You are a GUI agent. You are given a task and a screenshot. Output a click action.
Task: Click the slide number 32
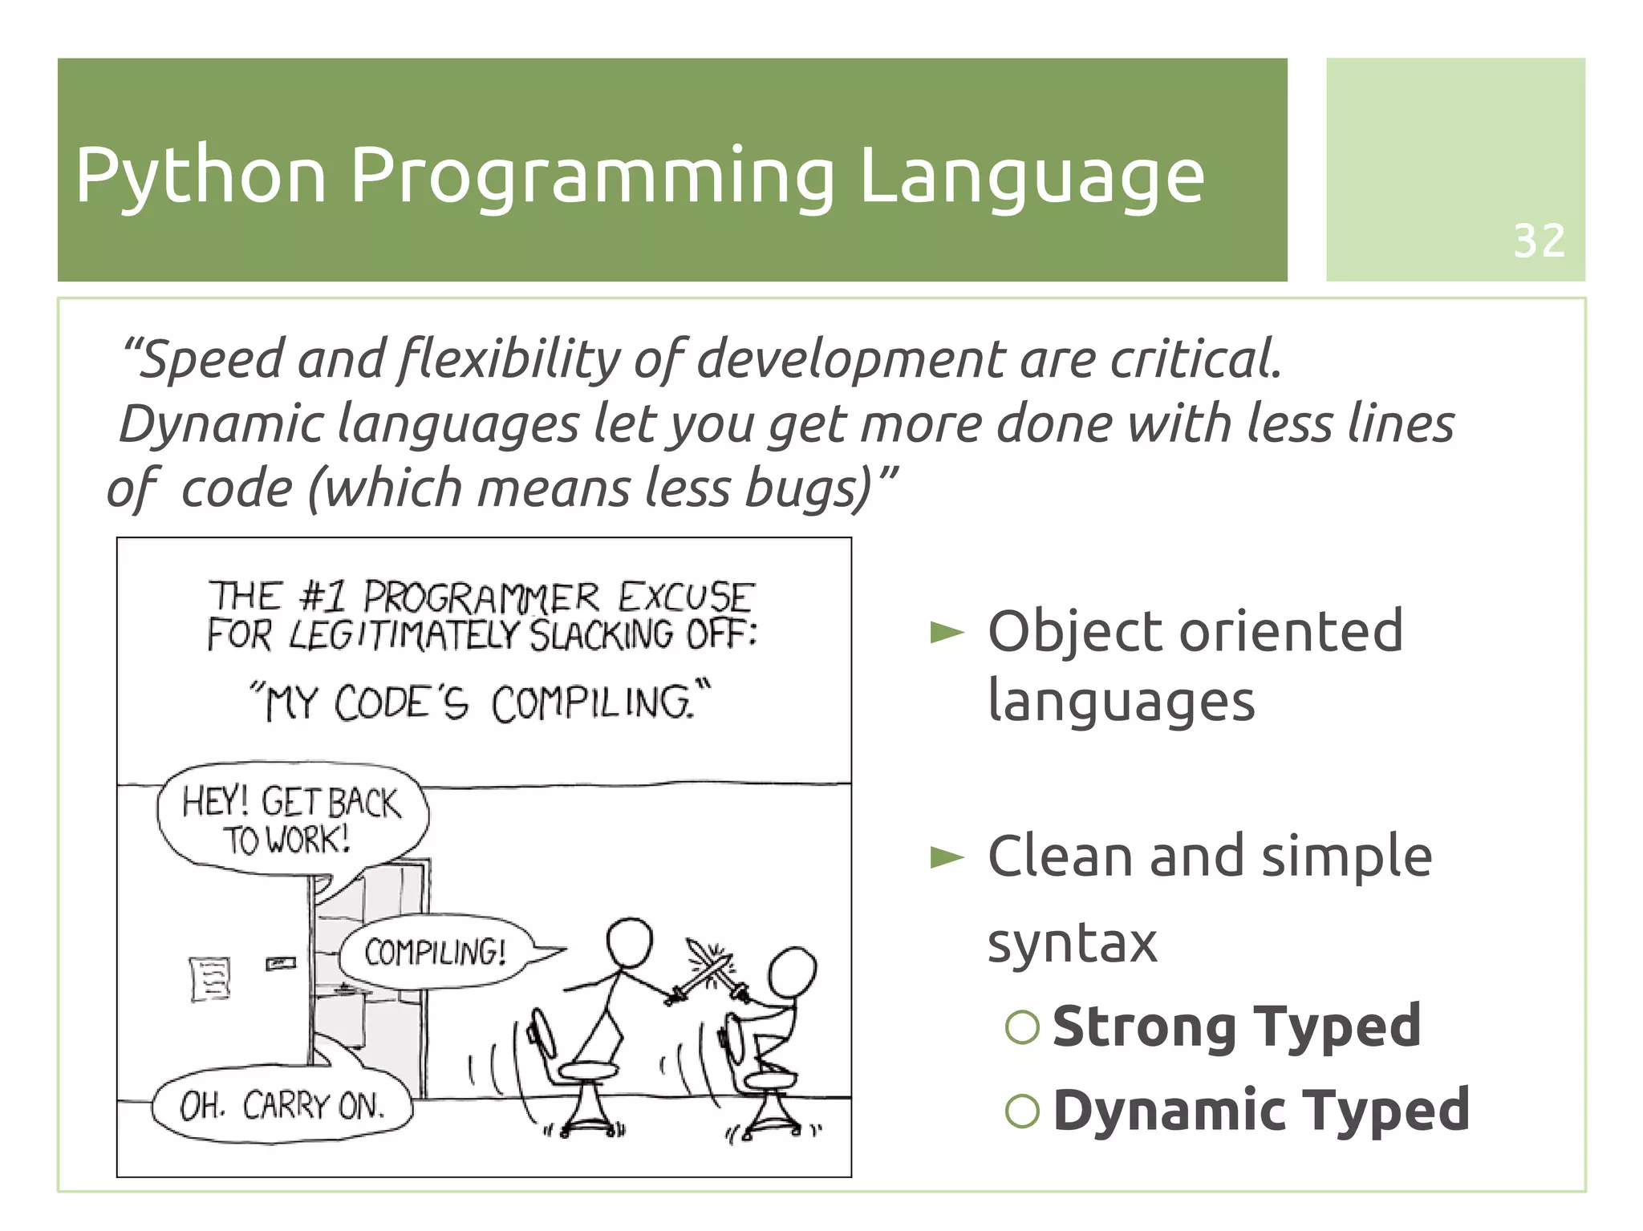pyautogui.click(x=1538, y=241)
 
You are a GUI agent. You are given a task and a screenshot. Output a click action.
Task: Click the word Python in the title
pyautogui.click(x=201, y=176)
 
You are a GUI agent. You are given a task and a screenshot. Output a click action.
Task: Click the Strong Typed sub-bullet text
pyautogui.click(x=1236, y=1026)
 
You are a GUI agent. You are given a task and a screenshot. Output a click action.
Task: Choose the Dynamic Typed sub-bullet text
pyautogui.click(x=1260, y=1110)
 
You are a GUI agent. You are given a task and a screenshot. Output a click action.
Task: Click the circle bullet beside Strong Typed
pyautogui.click(x=1022, y=1027)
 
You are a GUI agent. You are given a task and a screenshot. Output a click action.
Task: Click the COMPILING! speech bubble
pyautogui.click(x=436, y=952)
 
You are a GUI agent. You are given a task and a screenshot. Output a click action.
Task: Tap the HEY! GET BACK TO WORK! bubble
pyautogui.click(x=290, y=820)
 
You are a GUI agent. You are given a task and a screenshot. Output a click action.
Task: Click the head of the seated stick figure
pyautogui.click(x=792, y=974)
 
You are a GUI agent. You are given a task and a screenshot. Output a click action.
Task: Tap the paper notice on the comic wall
pyautogui.click(x=210, y=978)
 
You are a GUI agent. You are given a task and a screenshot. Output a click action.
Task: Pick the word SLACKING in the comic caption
pyautogui.click(x=601, y=636)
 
